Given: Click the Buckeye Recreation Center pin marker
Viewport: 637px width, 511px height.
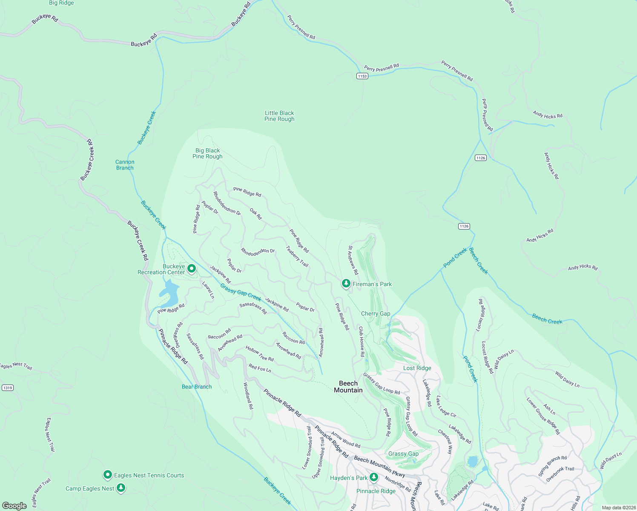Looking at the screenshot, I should pos(192,268).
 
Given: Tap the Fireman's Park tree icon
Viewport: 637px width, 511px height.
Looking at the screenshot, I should pos(346,283).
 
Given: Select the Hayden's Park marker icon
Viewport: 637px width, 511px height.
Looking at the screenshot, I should pos(374,477).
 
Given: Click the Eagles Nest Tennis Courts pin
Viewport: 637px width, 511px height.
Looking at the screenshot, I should pos(108,474).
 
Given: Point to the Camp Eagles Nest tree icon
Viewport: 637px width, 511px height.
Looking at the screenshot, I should pos(121,488).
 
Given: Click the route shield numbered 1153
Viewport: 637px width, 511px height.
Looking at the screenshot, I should pos(362,76).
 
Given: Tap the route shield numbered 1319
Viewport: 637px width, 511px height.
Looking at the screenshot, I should pos(7,388).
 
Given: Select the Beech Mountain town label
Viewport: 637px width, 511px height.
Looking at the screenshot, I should pos(348,387).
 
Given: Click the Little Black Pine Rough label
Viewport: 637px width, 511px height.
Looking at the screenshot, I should pos(279,116).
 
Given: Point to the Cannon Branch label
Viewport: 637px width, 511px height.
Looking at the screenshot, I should pos(125,165).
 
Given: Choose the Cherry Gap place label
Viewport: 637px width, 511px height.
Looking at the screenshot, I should pos(376,313).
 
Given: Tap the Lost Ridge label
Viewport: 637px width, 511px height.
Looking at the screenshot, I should pos(417,368).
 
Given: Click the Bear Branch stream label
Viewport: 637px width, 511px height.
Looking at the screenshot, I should pos(196,387).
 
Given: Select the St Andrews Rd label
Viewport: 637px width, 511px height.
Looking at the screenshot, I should pos(353,260).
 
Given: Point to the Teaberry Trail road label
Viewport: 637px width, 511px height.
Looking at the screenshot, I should pos(297,256).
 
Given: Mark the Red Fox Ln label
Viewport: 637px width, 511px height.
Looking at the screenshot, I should pos(260,368).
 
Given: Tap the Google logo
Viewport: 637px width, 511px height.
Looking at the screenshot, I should pos(14,505).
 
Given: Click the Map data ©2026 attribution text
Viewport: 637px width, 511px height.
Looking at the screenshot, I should pos(617,508).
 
